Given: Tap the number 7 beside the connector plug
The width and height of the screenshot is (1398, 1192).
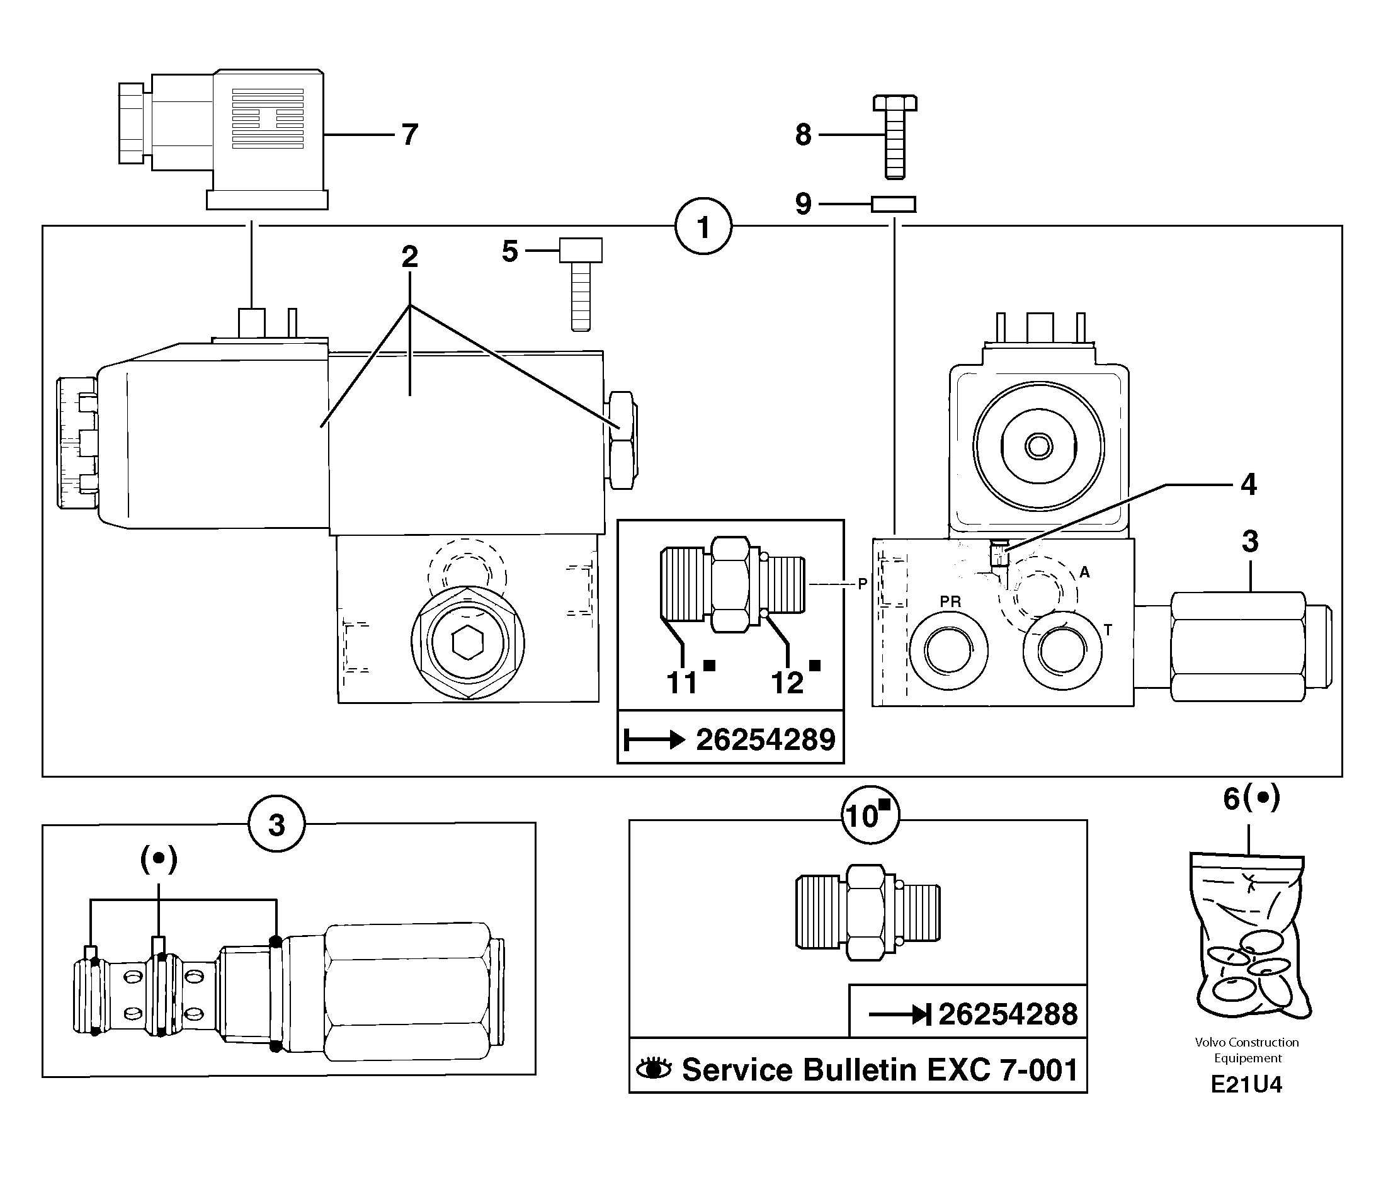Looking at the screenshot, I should tap(409, 134).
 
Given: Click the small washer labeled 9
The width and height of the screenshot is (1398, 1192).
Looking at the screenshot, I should tap(894, 204).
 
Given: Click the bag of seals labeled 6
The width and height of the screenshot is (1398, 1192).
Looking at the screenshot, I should tap(1249, 938).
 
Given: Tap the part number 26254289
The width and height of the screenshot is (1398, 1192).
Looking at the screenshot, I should tap(765, 740).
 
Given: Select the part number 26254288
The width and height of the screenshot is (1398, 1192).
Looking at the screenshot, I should tap(1008, 1014).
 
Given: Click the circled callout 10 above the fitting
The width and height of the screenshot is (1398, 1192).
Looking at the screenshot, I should tap(869, 815).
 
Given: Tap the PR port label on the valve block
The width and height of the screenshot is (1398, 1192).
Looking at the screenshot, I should tap(950, 601).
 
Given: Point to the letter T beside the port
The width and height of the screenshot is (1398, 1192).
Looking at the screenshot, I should tap(1107, 630).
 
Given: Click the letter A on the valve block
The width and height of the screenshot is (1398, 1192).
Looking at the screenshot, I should tap(1084, 572).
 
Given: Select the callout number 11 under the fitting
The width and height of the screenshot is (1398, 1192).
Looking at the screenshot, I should tap(681, 682).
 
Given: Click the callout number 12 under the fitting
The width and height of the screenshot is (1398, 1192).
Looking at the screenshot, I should tap(787, 682).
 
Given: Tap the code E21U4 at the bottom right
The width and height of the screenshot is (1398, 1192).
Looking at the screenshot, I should tap(1246, 1084).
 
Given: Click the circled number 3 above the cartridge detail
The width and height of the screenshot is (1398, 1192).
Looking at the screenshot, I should tap(276, 824).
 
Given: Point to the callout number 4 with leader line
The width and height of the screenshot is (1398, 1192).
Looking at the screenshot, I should tap(1248, 484).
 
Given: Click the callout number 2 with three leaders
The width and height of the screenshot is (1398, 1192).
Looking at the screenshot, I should tap(409, 256).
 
